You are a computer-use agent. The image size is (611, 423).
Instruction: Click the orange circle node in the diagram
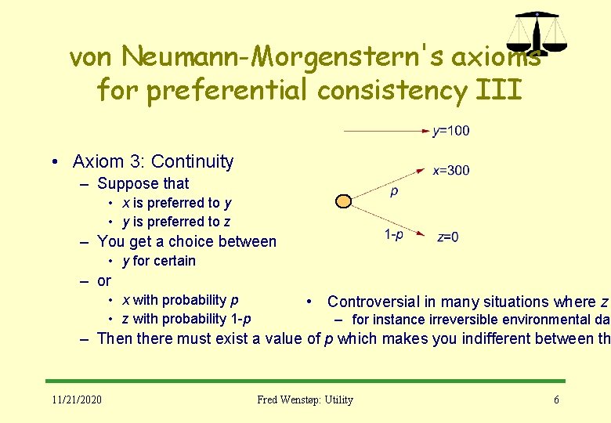tap(343, 201)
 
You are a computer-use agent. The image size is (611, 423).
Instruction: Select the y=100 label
tap(451, 131)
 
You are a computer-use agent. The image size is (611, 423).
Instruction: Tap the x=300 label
tap(451, 170)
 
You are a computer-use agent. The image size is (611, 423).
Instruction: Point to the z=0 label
tap(448, 237)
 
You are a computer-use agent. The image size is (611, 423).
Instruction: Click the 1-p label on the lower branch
tap(394, 234)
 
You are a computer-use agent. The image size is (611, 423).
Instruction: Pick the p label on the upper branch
tap(394, 190)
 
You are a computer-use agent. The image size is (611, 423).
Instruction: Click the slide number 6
tap(556, 399)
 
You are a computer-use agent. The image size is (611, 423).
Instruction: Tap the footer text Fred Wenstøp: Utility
tap(305, 399)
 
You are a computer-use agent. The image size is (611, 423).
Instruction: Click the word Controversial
tap(372, 302)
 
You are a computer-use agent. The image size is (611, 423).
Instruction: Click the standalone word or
tap(104, 280)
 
